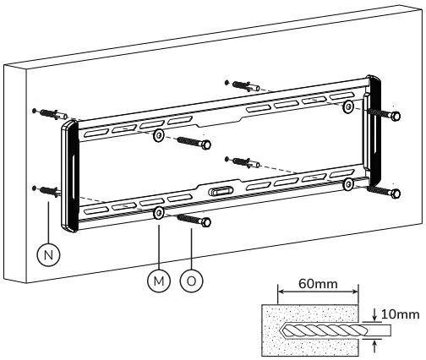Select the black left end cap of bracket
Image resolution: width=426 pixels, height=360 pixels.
tap(69, 177)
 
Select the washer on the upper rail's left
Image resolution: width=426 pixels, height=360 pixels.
tap(159, 137)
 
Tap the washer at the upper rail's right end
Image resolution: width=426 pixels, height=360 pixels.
tap(347, 106)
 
